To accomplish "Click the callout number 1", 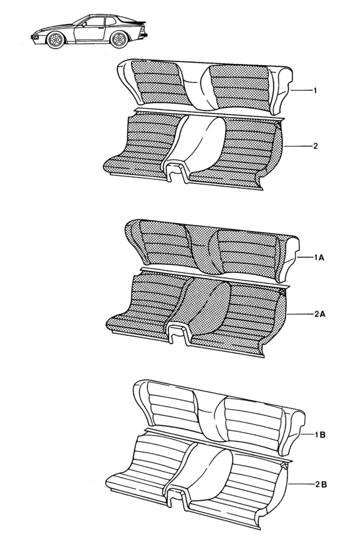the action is click(x=315, y=91).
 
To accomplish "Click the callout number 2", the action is click(x=315, y=146).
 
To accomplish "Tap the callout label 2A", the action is click(x=320, y=314).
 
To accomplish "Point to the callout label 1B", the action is click(x=320, y=435).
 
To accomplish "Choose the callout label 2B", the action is click(x=320, y=485).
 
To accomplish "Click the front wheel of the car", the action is click(x=55, y=40).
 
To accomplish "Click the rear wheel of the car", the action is click(x=119, y=40).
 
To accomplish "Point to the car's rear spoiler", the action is click(x=136, y=24).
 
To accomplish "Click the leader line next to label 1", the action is click(x=301, y=91).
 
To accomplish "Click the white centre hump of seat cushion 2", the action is click(x=196, y=141).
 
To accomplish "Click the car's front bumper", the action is click(x=36, y=35).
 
